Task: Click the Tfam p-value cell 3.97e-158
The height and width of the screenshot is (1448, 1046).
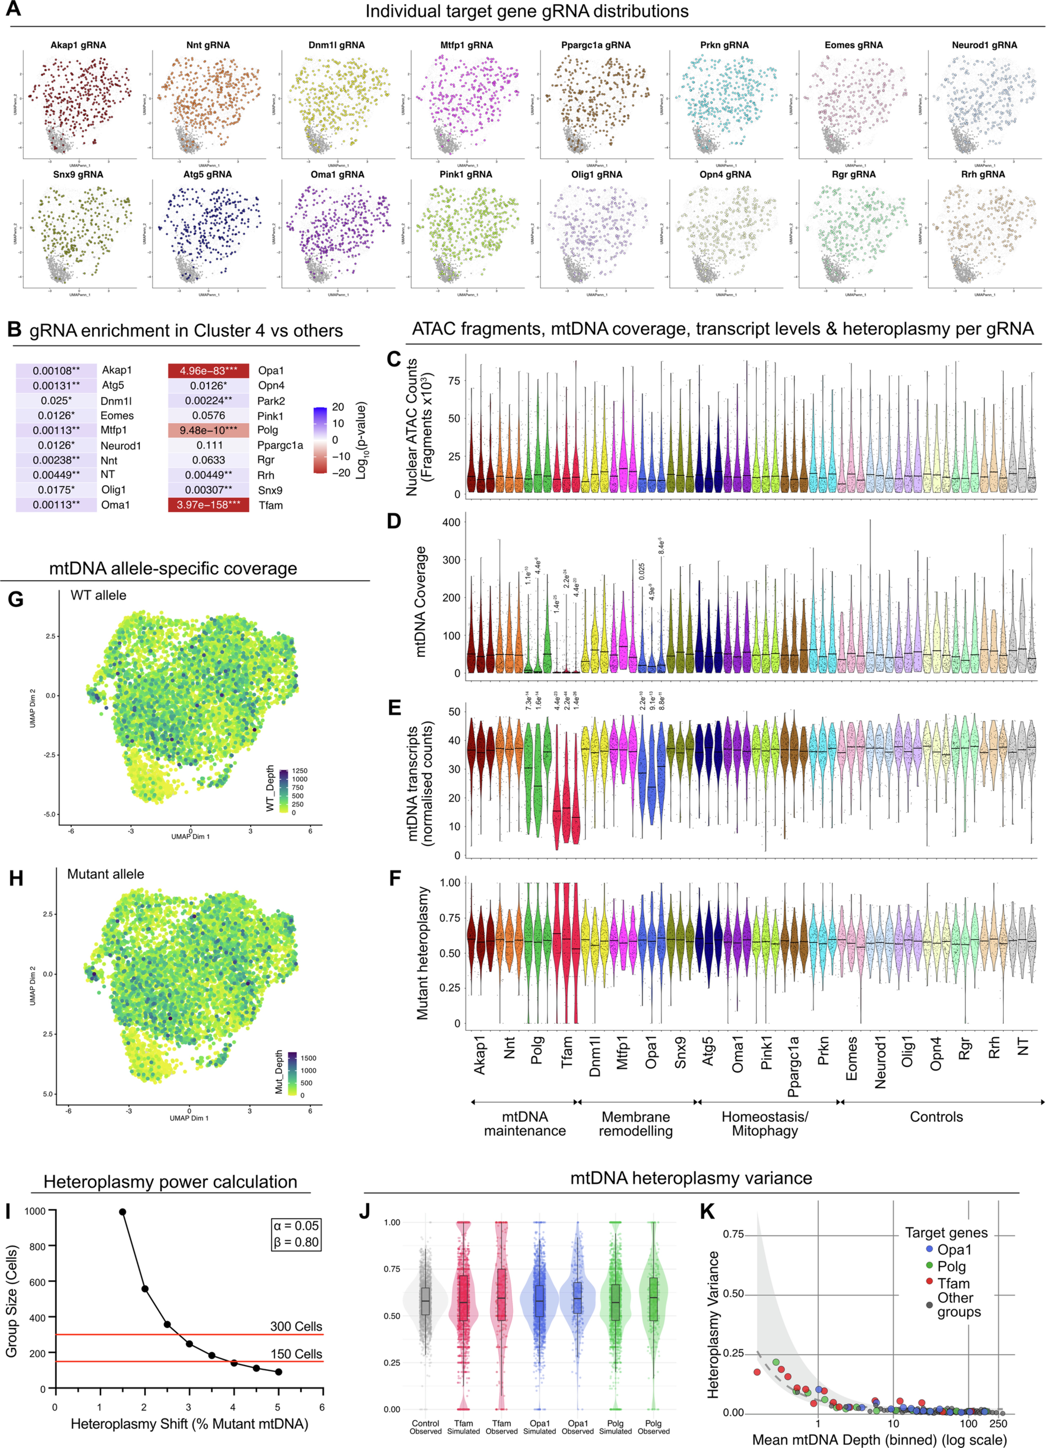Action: (x=208, y=505)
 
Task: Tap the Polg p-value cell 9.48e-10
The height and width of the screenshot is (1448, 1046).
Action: (x=208, y=430)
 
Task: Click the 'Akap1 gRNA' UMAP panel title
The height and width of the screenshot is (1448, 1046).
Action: (x=78, y=45)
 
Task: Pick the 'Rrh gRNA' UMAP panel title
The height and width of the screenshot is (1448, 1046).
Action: (x=983, y=174)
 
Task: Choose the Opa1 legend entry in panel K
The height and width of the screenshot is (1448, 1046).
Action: (x=953, y=1249)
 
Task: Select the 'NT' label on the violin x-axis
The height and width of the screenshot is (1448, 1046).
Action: (x=1022, y=1047)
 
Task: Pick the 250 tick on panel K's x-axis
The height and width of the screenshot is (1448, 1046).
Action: (x=997, y=1424)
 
